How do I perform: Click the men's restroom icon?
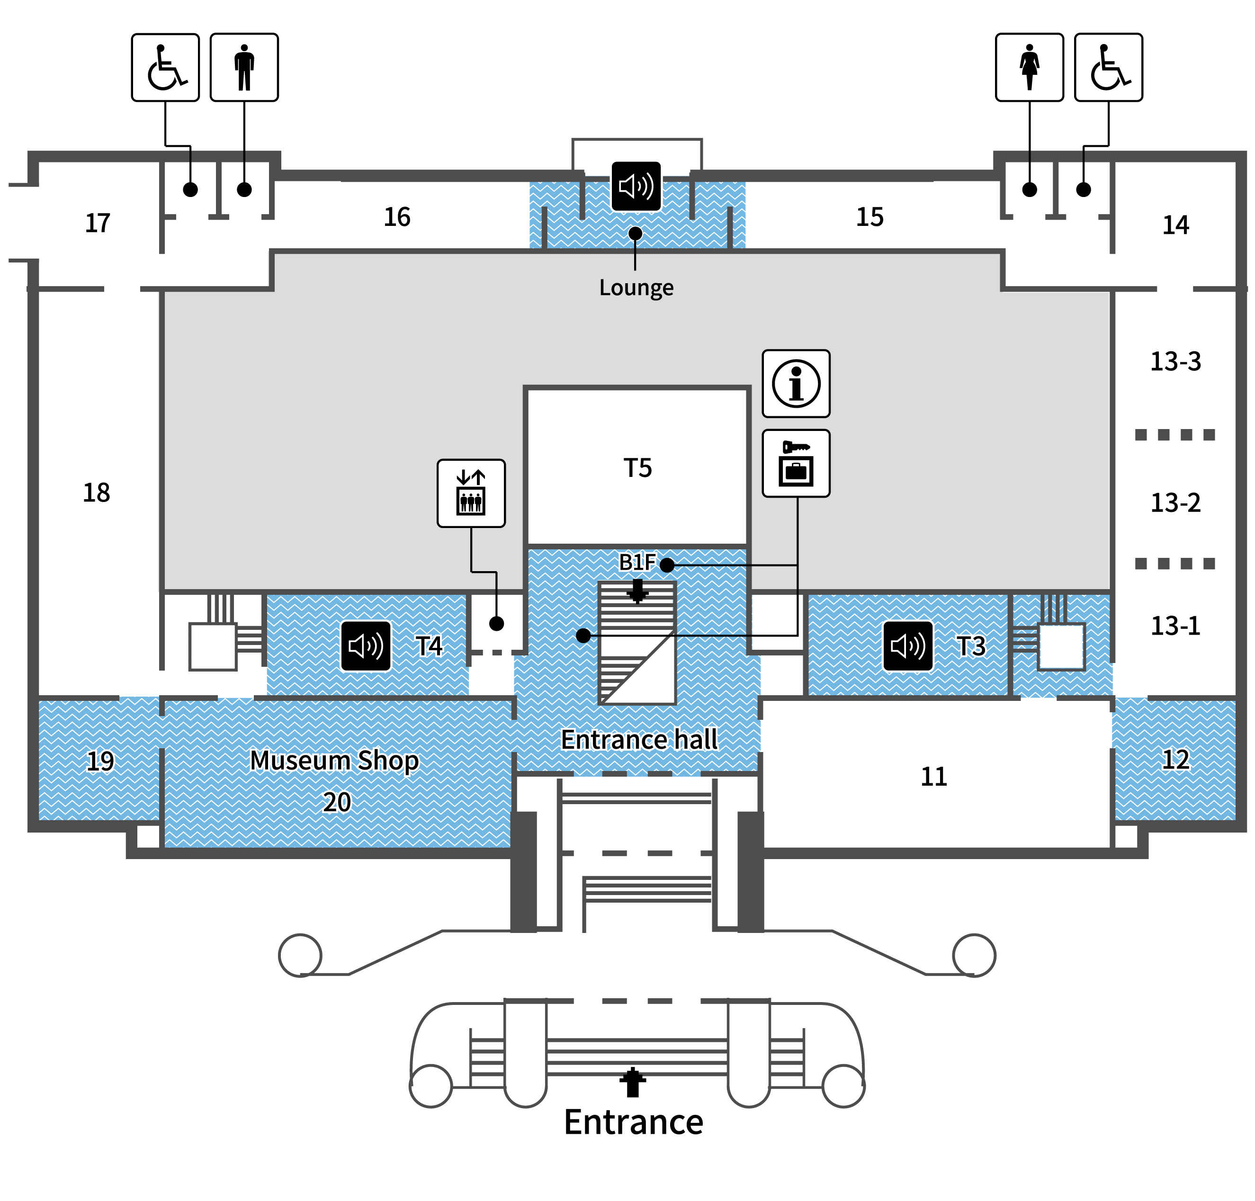pos(244,67)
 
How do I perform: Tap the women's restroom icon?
pos(1029,67)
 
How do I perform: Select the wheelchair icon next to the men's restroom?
pos(165,67)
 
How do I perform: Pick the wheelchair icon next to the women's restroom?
pos(1108,67)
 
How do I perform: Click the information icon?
pos(796,384)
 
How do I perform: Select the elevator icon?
pos(471,493)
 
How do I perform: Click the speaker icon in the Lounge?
pos(636,186)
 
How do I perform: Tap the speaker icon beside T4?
pos(366,646)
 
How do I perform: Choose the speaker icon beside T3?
pos(908,646)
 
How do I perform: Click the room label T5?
pos(638,468)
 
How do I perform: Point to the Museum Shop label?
pos(334,761)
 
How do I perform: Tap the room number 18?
pos(97,493)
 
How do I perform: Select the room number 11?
pos(933,777)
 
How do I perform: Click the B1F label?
pos(637,562)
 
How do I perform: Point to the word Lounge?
pos(636,288)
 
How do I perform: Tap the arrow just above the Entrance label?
pos(633,1082)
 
